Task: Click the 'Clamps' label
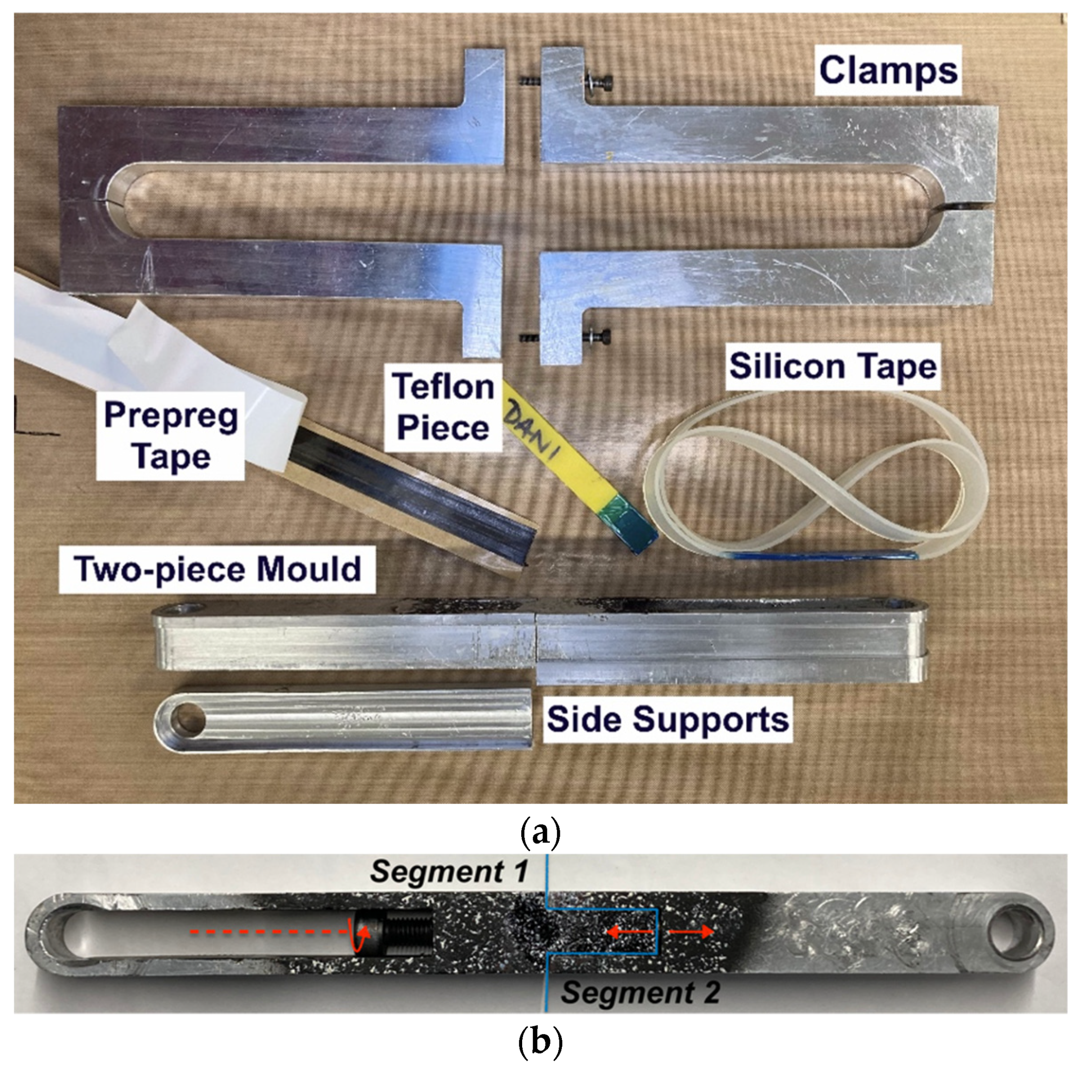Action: tap(888, 71)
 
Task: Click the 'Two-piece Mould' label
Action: tap(218, 569)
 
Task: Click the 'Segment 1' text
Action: tap(449, 871)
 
